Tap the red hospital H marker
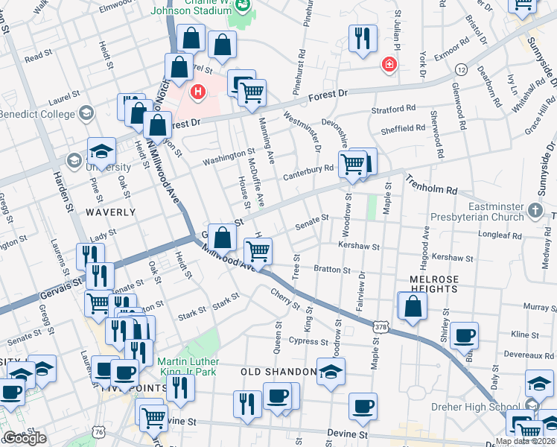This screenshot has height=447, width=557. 198,92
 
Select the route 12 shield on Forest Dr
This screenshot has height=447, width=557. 462,69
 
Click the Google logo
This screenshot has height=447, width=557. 25,438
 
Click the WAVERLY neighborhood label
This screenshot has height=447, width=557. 110,212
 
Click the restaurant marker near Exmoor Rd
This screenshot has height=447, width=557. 362,39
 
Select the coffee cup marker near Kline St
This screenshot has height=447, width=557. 464,335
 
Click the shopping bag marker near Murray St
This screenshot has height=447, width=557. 413,306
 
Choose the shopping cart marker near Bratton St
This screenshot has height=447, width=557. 258,251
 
